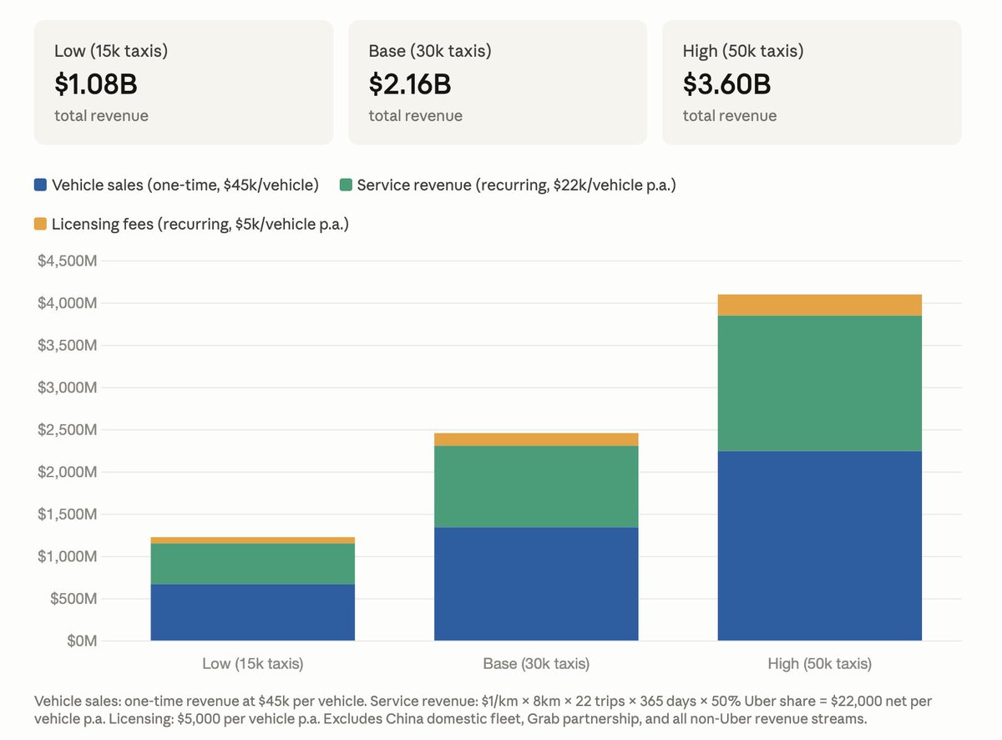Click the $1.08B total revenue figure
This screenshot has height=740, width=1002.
click(x=96, y=84)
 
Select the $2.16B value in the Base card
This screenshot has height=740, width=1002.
click(x=410, y=84)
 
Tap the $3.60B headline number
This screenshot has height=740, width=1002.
click(x=726, y=84)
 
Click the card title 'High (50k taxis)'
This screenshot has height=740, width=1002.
click(x=743, y=51)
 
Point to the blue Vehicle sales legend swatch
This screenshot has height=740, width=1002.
click(x=40, y=185)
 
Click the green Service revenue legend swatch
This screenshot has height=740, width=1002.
click(x=346, y=185)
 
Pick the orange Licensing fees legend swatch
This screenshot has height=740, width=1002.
click(x=40, y=224)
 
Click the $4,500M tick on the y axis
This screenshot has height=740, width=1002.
click(x=68, y=261)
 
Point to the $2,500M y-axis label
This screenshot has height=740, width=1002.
click(x=68, y=429)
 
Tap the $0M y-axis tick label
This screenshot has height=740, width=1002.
click(x=82, y=641)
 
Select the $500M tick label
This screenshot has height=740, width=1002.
click(x=73, y=599)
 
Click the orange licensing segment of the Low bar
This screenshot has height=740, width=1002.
click(x=252, y=540)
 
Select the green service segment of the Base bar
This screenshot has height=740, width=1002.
click(x=536, y=487)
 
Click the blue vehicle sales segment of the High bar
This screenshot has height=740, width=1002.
click(x=819, y=545)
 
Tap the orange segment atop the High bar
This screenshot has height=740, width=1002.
click(x=819, y=305)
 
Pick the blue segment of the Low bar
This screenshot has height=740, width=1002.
click(x=252, y=612)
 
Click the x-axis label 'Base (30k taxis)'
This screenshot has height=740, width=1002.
click(x=536, y=664)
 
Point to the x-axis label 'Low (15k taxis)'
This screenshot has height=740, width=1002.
click(x=252, y=664)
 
